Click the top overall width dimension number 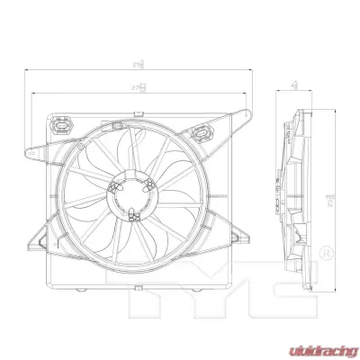pos(138,64)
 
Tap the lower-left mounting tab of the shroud pos(39,242)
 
